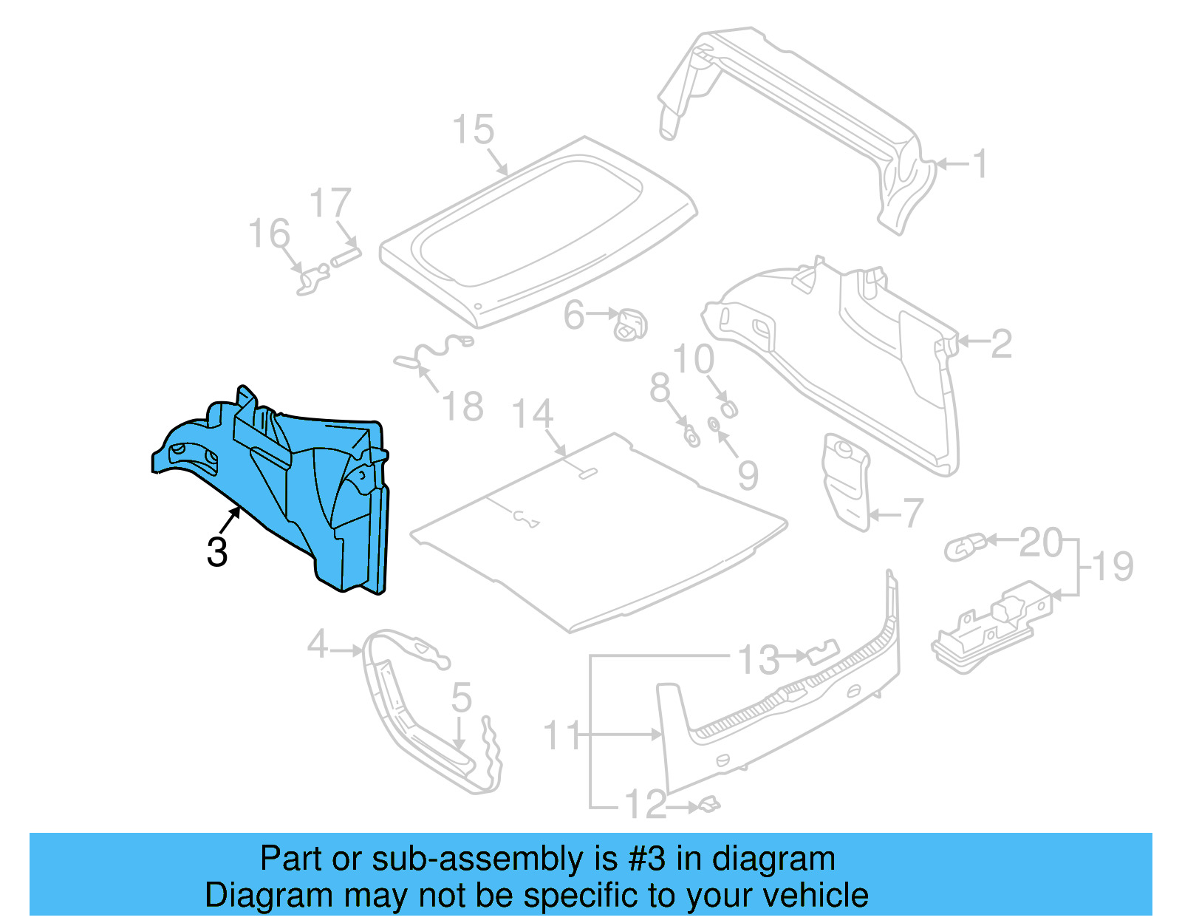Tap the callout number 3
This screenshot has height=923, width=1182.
[217, 552]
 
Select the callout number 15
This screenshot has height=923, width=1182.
[473, 130]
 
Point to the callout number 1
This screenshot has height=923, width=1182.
[980, 164]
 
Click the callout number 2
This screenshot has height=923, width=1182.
[1001, 344]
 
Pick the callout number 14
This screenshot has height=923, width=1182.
[532, 414]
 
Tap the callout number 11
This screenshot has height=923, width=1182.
[562, 736]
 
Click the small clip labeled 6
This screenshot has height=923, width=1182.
[631, 324]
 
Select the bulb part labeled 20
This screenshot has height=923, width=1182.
[965, 548]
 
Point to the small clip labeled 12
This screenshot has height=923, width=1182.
[708, 804]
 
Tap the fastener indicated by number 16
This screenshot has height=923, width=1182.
[312, 279]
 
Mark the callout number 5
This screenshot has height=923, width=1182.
[462, 698]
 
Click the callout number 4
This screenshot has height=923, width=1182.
[318, 644]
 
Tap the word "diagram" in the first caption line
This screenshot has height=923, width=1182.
[773, 859]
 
